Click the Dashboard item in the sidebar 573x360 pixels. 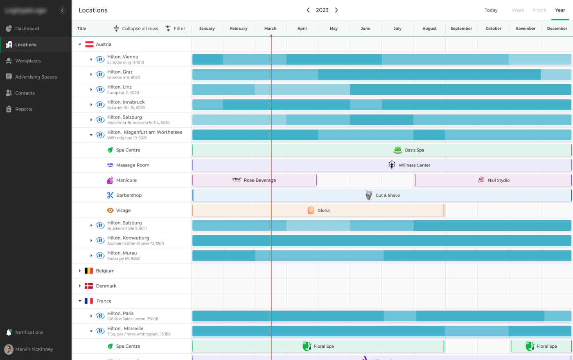pos(27,29)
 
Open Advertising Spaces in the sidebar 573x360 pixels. pos(36,77)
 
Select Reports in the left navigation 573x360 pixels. pos(24,109)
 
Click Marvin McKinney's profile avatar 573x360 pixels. pos(9,349)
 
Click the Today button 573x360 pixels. pos(491,10)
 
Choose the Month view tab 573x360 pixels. pos(539,10)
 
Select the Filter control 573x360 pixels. pos(175,29)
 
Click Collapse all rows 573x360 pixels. pos(136,29)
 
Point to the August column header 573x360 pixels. pos(429,29)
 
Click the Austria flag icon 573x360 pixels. pos(89,45)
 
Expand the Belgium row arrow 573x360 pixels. pos(80,271)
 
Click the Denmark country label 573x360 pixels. pos(106,286)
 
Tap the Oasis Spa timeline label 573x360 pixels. pos(414,150)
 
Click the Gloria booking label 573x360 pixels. pos(323,211)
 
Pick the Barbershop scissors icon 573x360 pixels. pos(110,196)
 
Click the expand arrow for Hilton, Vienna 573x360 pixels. pos(91,60)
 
